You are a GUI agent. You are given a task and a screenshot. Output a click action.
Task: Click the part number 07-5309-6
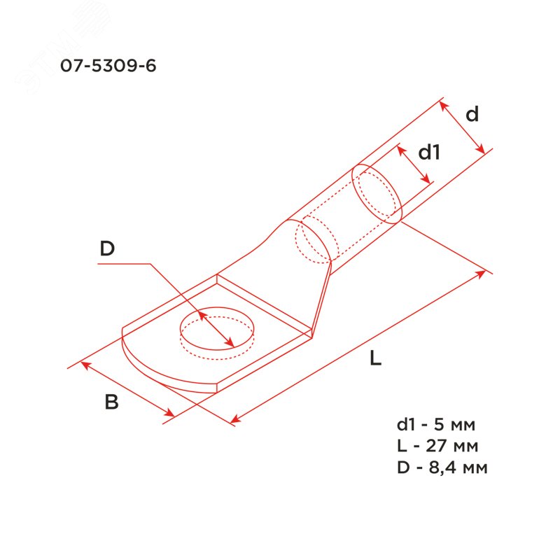[x=108, y=66]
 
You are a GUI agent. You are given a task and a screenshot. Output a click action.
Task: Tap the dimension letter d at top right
[x=472, y=114]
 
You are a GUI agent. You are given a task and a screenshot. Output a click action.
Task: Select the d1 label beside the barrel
[x=429, y=152]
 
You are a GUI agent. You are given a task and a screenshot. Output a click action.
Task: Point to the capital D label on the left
[x=107, y=248]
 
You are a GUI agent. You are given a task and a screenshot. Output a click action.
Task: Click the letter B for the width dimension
[x=111, y=401]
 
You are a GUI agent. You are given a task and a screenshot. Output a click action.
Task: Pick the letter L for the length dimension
[x=375, y=358]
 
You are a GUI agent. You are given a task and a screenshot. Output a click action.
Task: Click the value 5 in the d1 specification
[x=439, y=424]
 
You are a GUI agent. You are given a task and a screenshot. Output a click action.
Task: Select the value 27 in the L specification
[x=436, y=446]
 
